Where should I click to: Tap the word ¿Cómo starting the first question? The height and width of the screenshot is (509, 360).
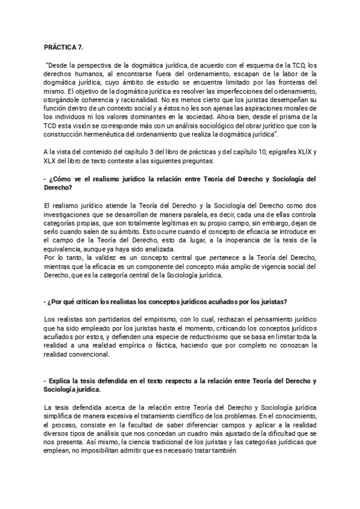point(63,179)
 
